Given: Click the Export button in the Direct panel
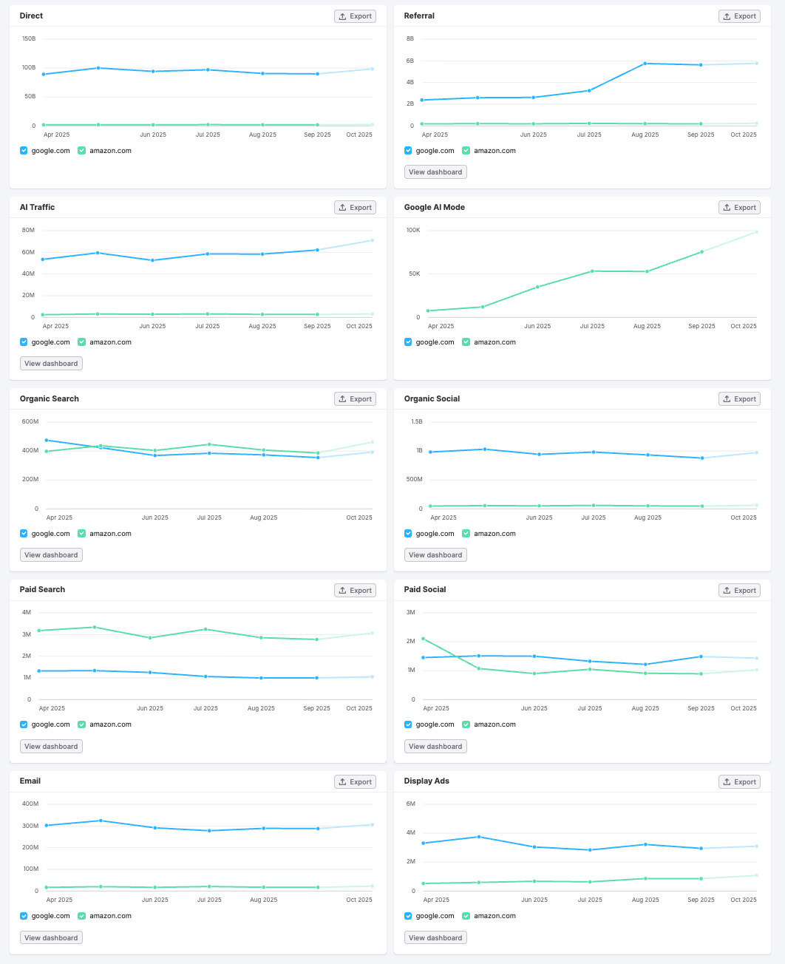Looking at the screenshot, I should (x=355, y=16).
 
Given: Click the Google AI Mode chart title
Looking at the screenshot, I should (x=434, y=207).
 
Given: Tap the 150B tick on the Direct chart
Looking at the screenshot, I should (x=29, y=38).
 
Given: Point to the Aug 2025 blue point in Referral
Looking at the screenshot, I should (x=645, y=64).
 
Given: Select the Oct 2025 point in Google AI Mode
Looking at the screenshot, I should (x=756, y=232).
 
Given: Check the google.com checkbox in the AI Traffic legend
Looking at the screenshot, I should (x=24, y=342).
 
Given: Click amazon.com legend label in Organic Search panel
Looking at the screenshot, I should (x=110, y=534).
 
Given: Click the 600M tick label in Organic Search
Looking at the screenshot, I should (x=30, y=421).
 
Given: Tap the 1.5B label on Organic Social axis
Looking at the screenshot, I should (x=417, y=421).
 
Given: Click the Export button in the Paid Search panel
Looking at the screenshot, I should (x=355, y=591).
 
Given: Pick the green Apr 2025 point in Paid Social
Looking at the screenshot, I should (x=423, y=639).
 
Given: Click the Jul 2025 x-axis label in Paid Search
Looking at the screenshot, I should (x=205, y=708).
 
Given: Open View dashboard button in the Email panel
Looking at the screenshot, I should (x=51, y=937).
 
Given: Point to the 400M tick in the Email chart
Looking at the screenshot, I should (x=30, y=804).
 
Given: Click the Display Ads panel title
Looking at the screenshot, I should (x=427, y=781).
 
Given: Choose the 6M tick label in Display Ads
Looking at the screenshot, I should (x=411, y=804).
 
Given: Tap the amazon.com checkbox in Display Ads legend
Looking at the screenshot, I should (x=466, y=916).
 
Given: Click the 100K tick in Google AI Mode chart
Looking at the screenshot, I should (x=413, y=230).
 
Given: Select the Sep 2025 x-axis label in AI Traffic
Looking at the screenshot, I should (x=317, y=326).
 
